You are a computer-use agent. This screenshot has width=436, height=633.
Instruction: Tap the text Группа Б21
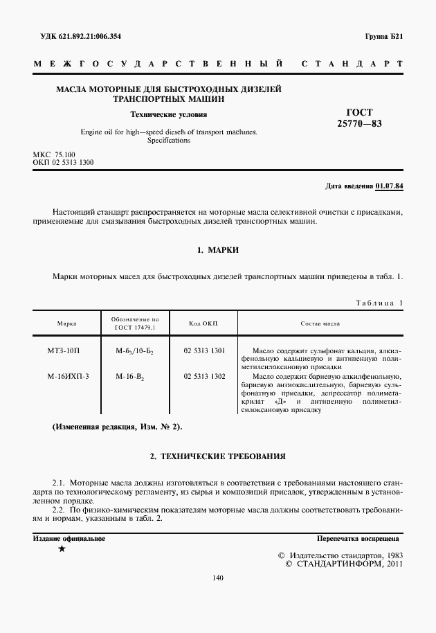tap(383, 36)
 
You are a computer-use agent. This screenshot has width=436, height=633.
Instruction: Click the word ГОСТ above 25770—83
tap(358, 112)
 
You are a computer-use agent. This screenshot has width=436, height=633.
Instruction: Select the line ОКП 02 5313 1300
tap(63, 162)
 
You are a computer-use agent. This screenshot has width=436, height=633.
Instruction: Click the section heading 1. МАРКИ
tap(218, 249)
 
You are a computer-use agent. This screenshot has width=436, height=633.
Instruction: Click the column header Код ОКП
tap(204, 323)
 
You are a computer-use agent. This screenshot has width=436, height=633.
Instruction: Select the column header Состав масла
tap(320, 323)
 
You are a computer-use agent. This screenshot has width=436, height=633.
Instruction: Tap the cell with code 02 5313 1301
tap(204, 351)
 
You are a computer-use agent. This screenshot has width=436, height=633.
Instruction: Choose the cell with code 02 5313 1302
tap(204, 375)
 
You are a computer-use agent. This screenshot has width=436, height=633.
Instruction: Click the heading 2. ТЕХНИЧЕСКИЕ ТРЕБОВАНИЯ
tap(218, 457)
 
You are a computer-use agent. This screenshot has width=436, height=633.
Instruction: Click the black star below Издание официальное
tap(62, 549)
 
